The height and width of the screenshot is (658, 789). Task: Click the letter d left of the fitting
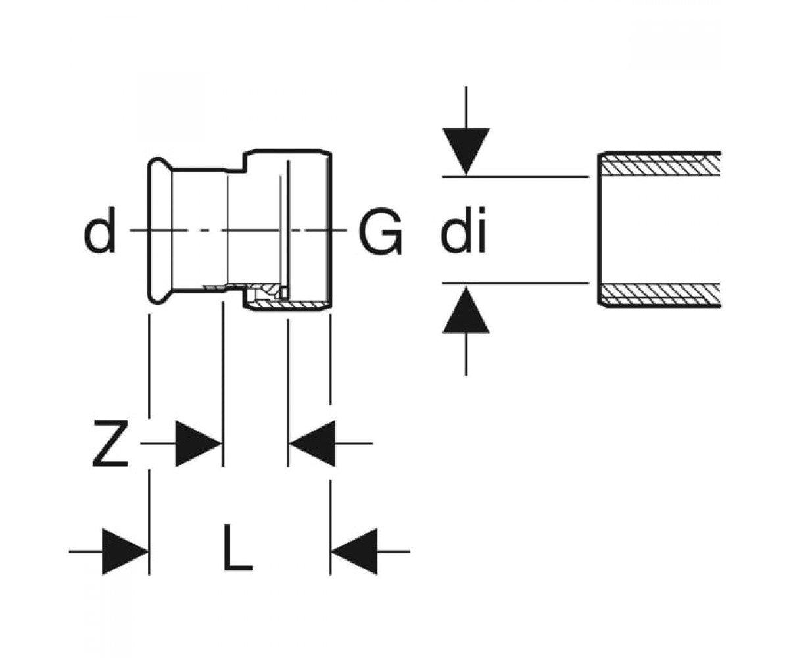pyautogui.click(x=100, y=230)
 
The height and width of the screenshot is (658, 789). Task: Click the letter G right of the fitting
pyautogui.click(x=380, y=231)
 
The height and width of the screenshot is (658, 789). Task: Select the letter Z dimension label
pyautogui.click(x=110, y=443)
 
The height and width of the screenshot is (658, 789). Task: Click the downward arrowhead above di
pyautogui.click(x=466, y=151)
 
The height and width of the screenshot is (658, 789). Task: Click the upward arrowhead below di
pyautogui.click(x=466, y=310)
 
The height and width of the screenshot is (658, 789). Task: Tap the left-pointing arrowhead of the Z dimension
pyautogui.click(x=312, y=443)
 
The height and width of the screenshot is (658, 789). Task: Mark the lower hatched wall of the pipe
pyautogui.click(x=660, y=295)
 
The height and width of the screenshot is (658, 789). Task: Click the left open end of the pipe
pyautogui.click(x=600, y=230)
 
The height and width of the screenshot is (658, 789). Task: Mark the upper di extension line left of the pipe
pyautogui.click(x=515, y=176)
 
